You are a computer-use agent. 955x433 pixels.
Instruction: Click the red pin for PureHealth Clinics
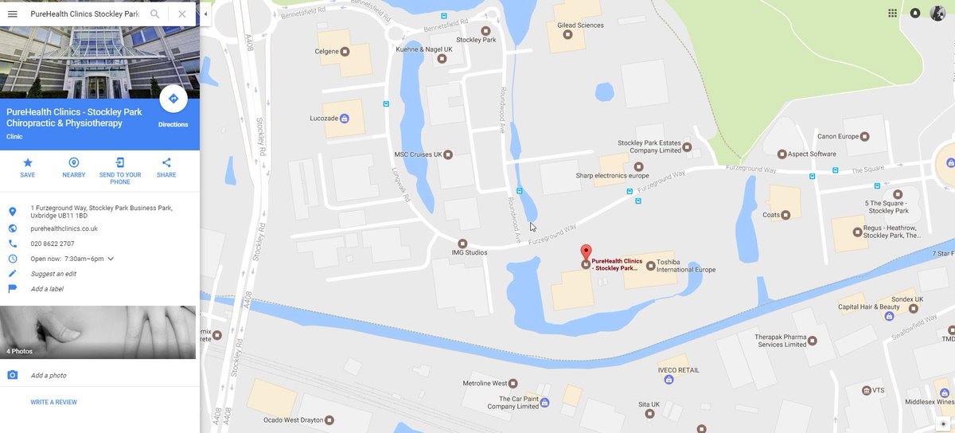point(586,252)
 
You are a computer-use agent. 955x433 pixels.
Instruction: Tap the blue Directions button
point(173,99)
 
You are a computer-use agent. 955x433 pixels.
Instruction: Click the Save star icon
point(28,162)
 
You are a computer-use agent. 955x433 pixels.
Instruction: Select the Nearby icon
point(74,162)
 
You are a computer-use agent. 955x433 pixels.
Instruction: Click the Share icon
point(166,162)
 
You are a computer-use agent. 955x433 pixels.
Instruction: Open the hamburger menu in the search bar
point(13,14)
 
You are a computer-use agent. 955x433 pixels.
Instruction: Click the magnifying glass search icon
point(155,14)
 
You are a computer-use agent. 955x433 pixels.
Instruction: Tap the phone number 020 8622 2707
point(53,244)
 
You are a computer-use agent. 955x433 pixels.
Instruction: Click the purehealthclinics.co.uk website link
point(64,228)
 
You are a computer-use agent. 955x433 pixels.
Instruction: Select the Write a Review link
point(54,402)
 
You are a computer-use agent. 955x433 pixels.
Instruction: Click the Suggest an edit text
point(54,274)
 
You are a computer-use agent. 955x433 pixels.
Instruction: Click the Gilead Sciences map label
point(580,25)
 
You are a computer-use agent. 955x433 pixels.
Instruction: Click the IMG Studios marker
point(462,243)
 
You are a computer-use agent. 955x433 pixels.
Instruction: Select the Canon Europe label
point(838,137)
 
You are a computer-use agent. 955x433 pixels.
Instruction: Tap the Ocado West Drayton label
point(294,419)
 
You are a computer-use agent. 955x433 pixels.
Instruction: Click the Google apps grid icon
point(892,13)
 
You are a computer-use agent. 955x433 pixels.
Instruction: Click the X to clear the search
point(182,14)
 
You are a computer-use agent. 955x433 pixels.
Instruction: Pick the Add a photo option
point(49,375)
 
